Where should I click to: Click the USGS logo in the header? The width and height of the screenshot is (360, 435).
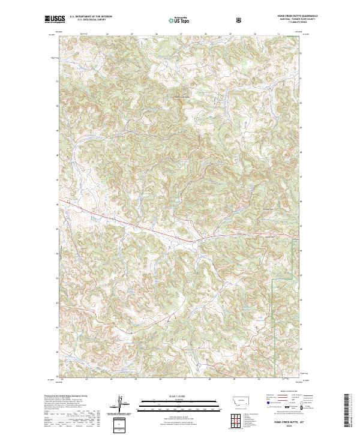(x=55, y=20)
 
